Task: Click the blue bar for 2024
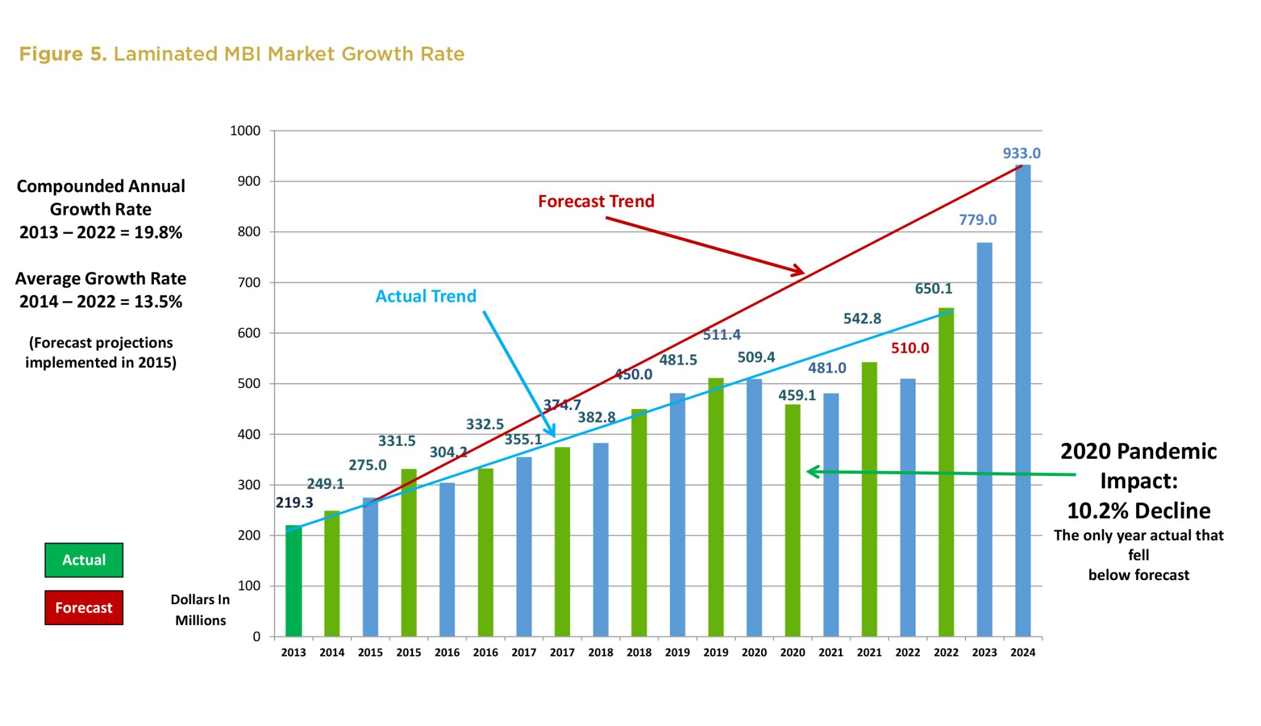[1022, 400]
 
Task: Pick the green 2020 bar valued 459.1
[792, 520]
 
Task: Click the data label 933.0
[1021, 153]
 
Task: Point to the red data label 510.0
[909, 349]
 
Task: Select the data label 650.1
[933, 289]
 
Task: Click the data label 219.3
[294, 503]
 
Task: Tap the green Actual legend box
[84, 560]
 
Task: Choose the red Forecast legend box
[84, 608]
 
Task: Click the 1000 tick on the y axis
[245, 131]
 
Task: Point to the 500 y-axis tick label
[249, 384]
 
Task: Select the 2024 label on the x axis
[1022, 653]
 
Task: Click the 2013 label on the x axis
[294, 653]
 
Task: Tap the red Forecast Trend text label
[596, 201]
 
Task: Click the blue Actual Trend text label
[425, 296]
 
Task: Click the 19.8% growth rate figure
[158, 233]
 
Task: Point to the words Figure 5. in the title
[63, 54]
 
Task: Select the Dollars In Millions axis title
[200, 610]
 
